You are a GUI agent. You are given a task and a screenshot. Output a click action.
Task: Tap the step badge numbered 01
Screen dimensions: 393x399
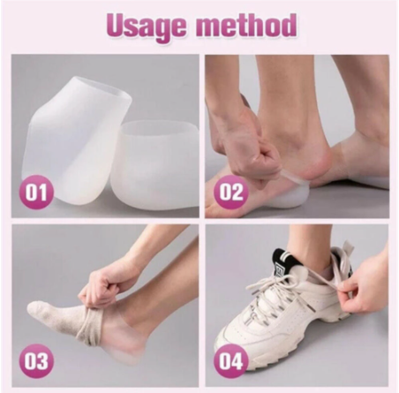pos(35,192)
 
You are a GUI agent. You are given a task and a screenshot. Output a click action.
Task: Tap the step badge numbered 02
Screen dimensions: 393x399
pos(230,192)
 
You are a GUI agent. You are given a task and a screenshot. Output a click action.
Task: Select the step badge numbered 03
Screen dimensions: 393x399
pos(35,359)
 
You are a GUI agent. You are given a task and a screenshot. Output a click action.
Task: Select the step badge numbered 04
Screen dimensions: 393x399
pos(230,359)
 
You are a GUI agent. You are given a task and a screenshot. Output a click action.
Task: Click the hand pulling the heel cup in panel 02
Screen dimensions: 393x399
pos(256,150)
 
